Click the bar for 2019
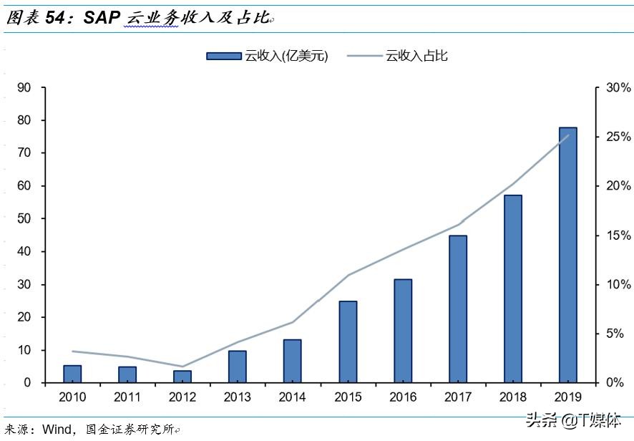(x=567, y=255)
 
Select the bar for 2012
(x=182, y=377)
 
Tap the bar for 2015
(x=348, y=341)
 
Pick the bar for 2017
(x=458, y=309)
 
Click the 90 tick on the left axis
(x=24, y=87)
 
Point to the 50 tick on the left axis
(x=24, y=218)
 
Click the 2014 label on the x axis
(x=293, y=397)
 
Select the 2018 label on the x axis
(x=513, y=397)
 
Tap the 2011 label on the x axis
(x=127, y=397)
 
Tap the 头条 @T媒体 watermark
(x=573, y=422)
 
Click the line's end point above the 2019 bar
(x=568, y=135)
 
